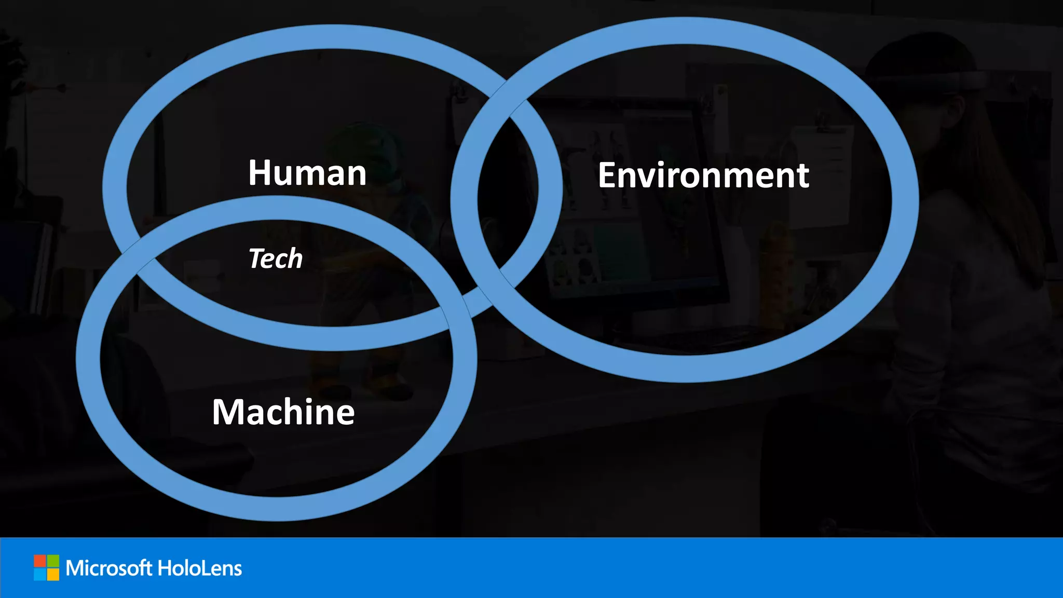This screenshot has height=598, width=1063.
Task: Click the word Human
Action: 307,173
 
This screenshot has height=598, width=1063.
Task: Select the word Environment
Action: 703,175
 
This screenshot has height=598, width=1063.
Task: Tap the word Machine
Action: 283,412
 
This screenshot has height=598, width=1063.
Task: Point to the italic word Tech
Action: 276,259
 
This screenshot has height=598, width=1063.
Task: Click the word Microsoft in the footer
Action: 109,568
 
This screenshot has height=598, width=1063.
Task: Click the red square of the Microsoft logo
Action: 40,561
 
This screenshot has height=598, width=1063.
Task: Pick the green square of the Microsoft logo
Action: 53,561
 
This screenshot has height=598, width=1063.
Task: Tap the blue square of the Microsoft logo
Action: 40,574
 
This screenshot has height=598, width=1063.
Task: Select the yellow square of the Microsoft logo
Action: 53,574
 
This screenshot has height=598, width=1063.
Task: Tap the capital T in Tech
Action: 257,258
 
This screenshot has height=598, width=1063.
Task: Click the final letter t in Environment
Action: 802,176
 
